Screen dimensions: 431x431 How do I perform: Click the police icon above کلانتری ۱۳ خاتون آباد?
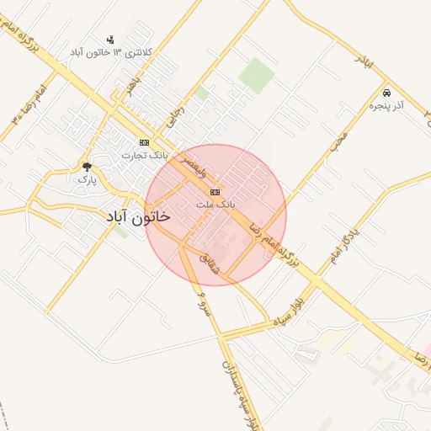109,40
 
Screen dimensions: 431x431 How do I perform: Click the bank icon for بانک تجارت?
144,142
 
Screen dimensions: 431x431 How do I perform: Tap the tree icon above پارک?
87,167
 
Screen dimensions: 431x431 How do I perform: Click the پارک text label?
87,179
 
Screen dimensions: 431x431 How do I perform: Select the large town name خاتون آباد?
139,216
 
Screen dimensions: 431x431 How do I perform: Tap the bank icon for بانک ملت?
214,192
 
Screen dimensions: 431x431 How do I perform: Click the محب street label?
338,139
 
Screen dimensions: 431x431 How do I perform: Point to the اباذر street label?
364,61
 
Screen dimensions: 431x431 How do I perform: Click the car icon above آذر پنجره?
386,93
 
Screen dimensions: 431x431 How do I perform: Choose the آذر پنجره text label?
387,106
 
